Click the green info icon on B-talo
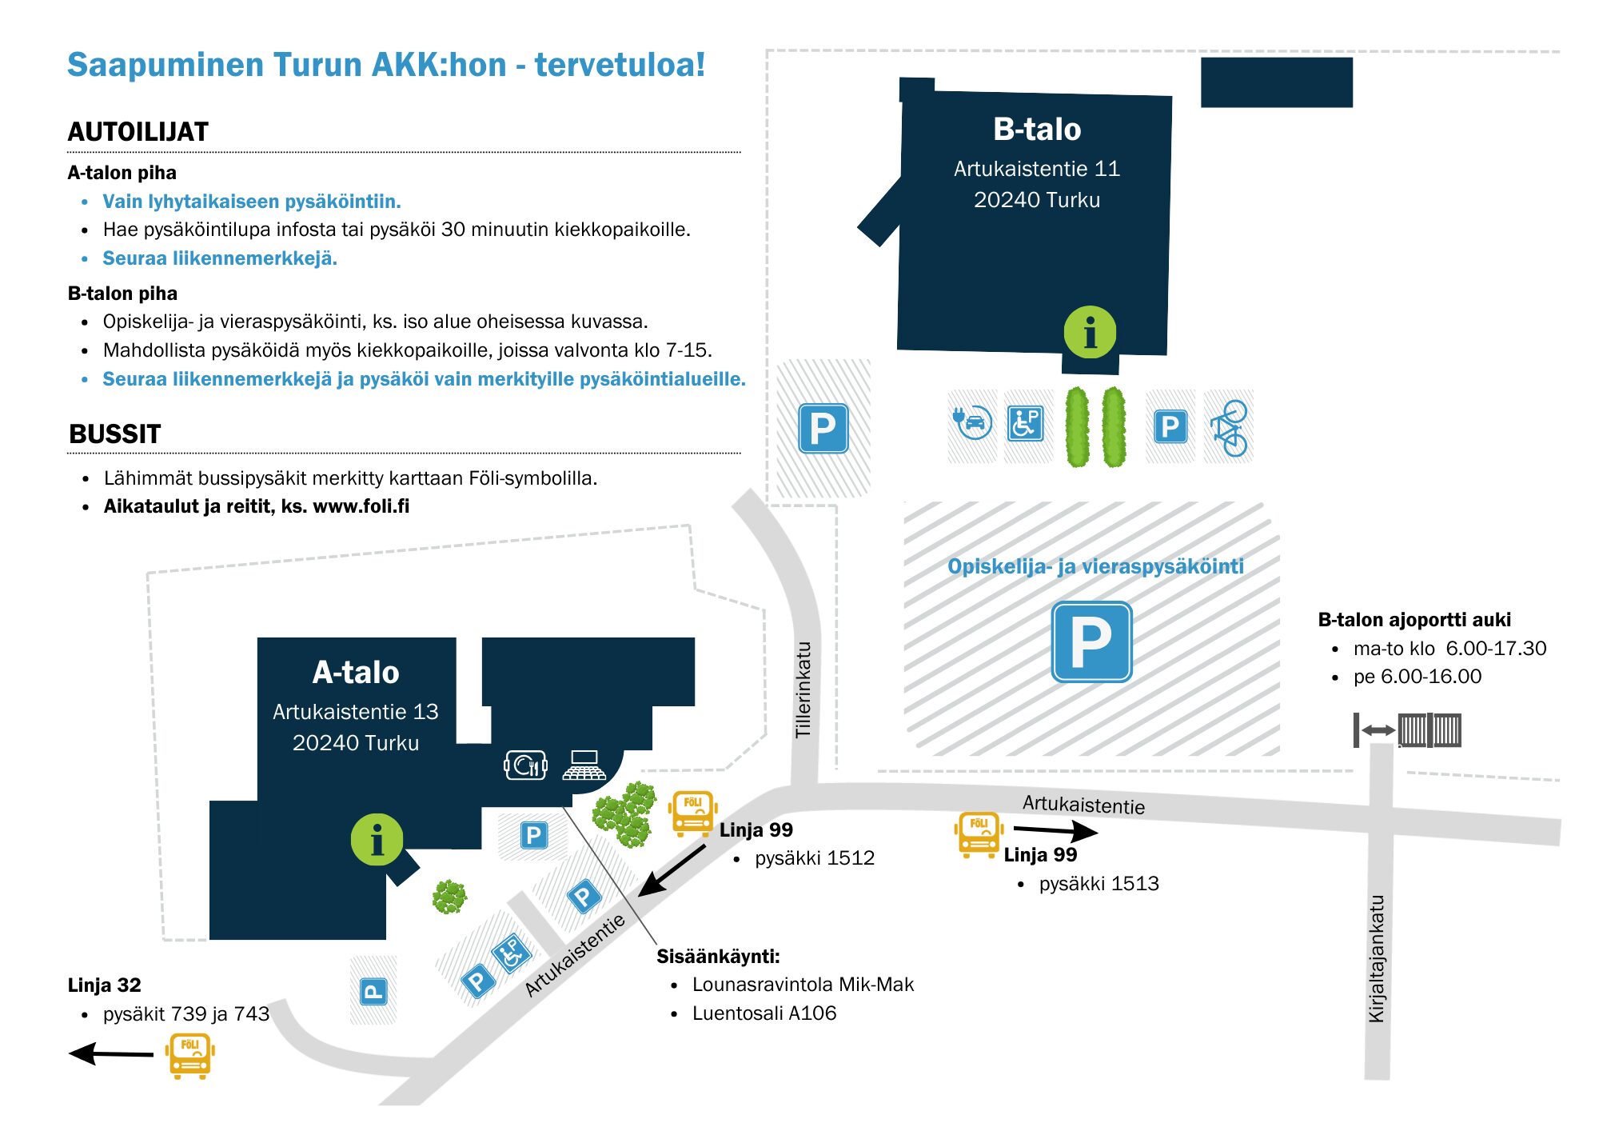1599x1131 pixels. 1090,332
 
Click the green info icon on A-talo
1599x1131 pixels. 377,840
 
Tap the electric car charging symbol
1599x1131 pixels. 973,422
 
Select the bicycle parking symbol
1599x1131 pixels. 1230,428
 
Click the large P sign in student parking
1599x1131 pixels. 1091,641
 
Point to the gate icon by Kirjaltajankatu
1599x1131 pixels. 1407,730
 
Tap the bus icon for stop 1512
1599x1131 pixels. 692,813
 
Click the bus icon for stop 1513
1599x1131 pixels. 979,834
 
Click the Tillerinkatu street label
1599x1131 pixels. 803,689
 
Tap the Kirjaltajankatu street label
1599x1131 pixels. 1376,958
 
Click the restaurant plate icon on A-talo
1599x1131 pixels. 525,765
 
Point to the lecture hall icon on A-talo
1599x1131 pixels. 584,765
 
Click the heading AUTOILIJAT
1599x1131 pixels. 138,132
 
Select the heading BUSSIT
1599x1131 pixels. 115,434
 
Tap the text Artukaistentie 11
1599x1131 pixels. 1037,169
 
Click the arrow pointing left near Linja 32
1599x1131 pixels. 111,1053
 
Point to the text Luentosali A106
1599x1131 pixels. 764,1013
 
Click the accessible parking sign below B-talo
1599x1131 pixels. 1026,423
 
